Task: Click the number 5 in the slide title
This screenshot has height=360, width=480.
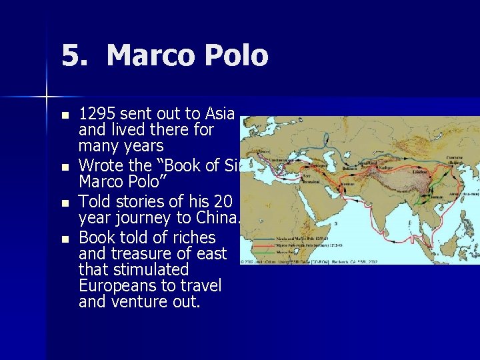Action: point(72,55)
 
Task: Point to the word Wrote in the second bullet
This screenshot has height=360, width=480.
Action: point(99,165)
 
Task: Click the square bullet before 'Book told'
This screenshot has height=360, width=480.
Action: point(65,238)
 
